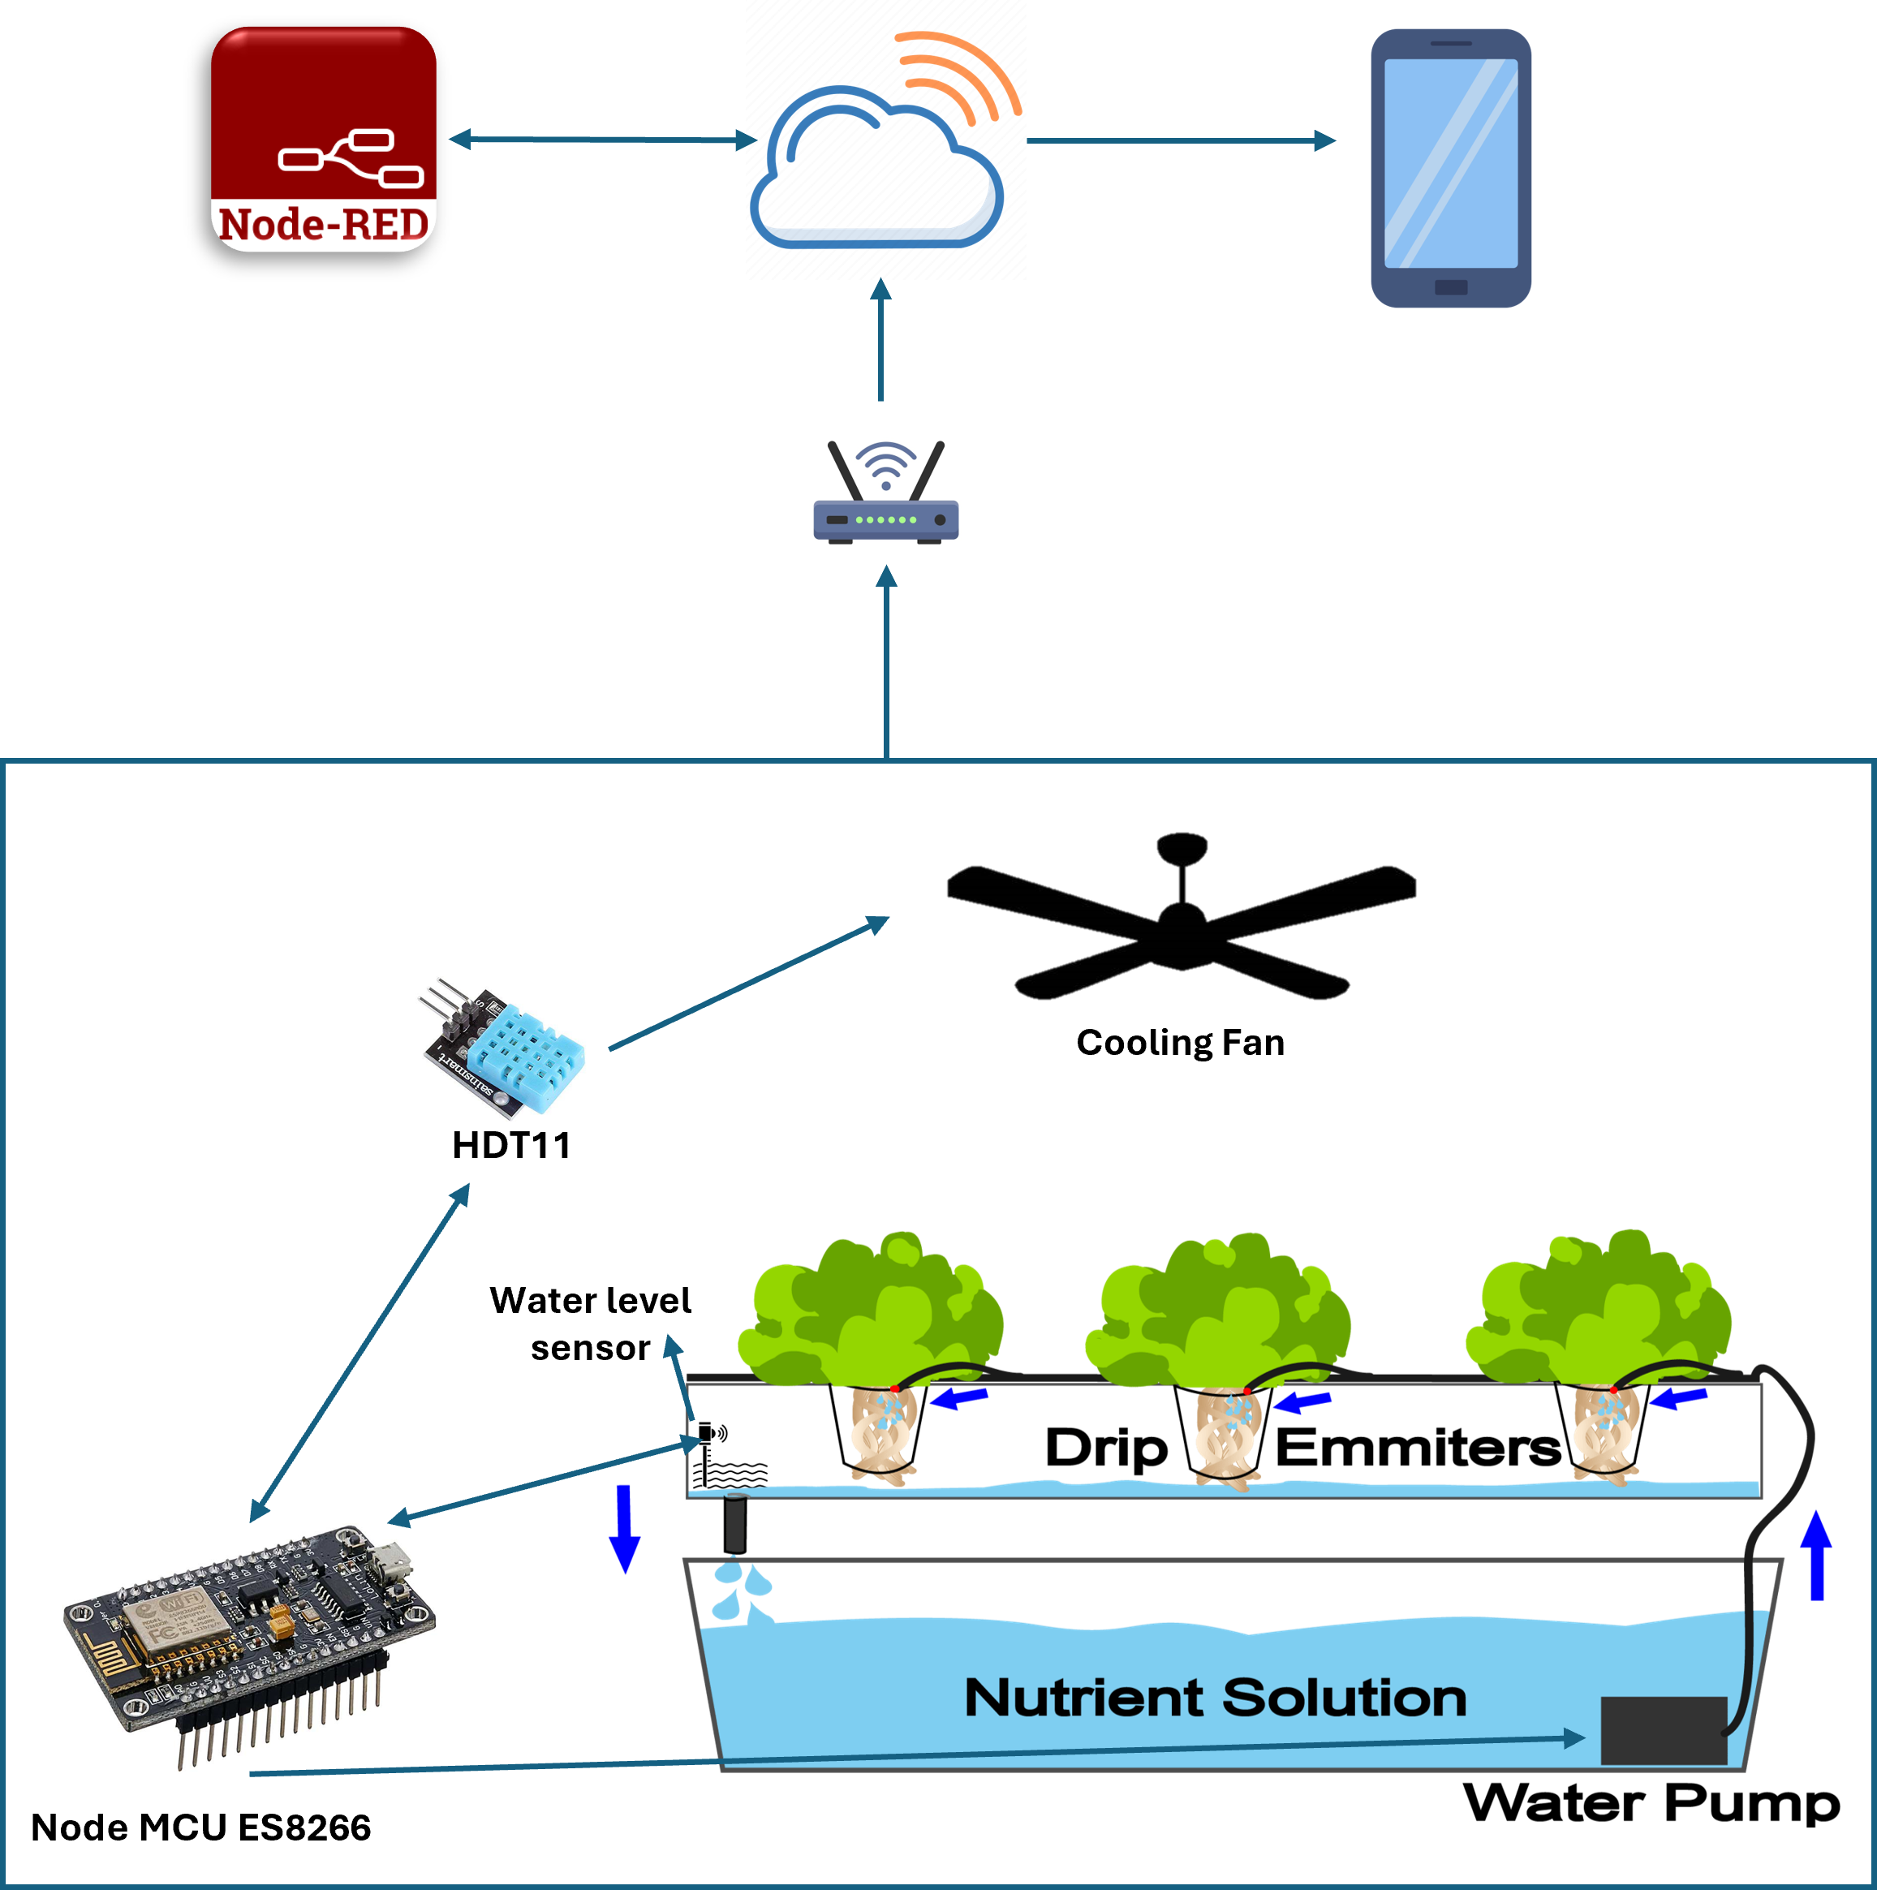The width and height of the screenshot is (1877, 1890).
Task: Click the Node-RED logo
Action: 324,139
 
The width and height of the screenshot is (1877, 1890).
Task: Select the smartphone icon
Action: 1450,167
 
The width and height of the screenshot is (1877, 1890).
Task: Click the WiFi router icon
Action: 885,492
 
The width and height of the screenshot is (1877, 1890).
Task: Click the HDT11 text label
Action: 511,1143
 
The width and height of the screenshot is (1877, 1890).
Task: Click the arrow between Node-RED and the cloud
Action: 601,140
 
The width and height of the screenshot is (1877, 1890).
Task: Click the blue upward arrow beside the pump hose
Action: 1817,1555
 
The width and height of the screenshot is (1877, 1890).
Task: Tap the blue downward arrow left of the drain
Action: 624,1528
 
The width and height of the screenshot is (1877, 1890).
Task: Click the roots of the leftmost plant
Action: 877,1433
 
